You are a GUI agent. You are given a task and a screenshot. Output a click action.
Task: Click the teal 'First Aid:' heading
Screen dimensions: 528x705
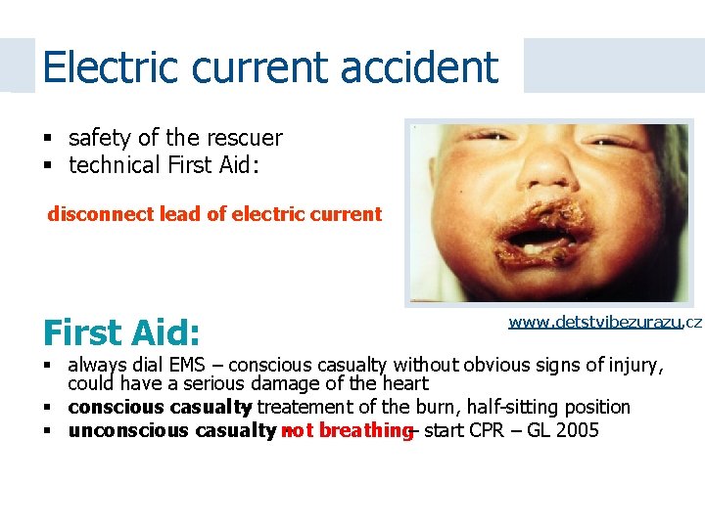tap(121, 333)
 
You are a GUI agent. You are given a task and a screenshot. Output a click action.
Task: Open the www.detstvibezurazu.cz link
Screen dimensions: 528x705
tap(604, 322)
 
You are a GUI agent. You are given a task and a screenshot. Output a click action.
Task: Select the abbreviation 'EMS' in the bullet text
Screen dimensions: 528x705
tap(192, 367)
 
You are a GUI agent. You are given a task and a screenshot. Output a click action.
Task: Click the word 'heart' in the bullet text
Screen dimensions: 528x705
tap(402, 385)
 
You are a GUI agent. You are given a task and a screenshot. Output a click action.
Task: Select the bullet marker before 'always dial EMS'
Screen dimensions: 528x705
tap(48, 367)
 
